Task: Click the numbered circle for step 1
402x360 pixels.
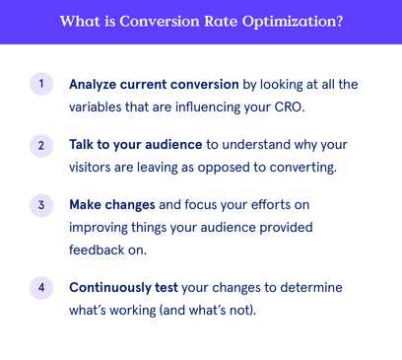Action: (40, 84)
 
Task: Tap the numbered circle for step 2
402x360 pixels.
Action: (40, 145)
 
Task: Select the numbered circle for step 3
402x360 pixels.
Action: (40, 206)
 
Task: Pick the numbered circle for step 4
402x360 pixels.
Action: (40, 288)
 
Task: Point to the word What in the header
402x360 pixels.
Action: (82, 22)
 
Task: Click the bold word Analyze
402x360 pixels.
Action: (95, 84)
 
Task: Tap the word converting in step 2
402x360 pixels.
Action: (302, 166)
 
